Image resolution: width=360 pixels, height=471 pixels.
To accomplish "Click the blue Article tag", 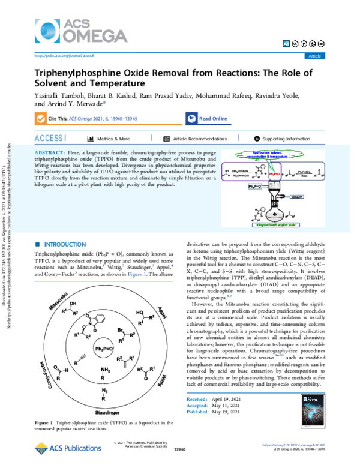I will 314,56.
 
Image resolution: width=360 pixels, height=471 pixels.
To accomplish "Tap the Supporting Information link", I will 291,138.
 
